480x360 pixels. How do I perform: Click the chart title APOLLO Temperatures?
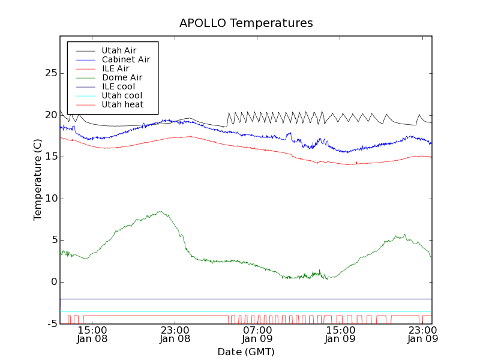coord(246,23)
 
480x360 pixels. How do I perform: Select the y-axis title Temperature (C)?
coord(38,180)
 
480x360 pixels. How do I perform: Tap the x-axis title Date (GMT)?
coord(246,352)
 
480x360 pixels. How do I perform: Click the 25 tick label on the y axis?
coord(50,73)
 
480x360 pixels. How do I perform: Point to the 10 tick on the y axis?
coord(50,199)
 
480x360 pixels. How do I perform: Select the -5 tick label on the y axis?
coord(50,324)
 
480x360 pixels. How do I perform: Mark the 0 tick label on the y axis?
coord(53,282)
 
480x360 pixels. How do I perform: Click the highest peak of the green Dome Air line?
coord(160,211)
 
